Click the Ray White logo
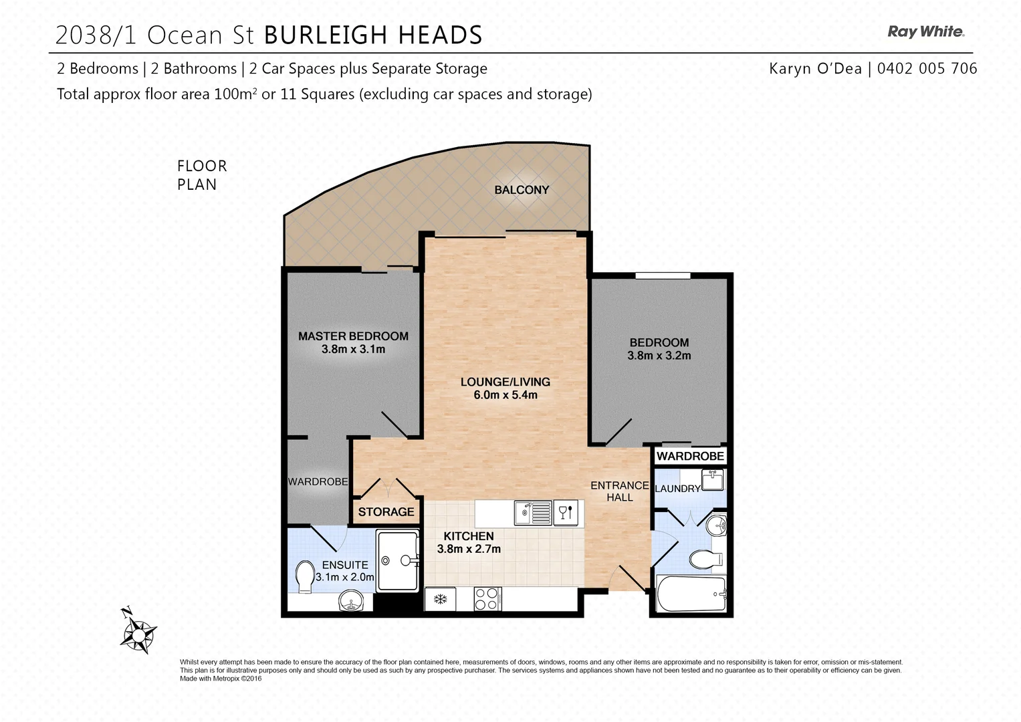925,31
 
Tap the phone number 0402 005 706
927,68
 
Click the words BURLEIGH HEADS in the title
373,35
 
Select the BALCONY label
522,190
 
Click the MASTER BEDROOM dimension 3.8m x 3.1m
353,349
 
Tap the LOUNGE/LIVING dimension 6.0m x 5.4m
505,395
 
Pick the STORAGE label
386,512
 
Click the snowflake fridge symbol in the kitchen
441,598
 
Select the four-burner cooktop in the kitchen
486,598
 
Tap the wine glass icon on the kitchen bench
566,513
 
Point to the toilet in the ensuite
305,576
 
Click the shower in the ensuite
398,560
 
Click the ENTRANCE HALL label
619,491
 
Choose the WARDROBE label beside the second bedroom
690,456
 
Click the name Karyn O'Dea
815,68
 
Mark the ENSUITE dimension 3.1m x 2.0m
345,577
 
